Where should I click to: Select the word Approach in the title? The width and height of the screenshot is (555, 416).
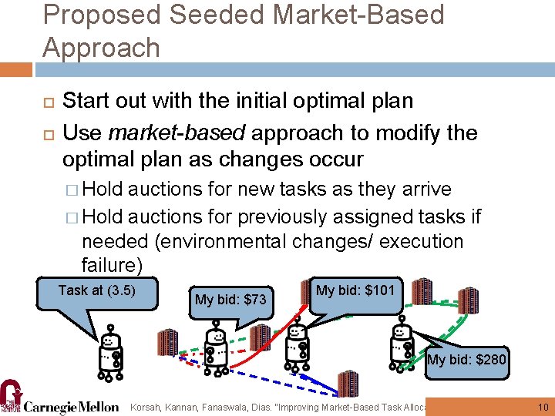[x=101, y=48]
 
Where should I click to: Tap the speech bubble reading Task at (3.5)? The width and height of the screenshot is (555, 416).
[x=97, y=291]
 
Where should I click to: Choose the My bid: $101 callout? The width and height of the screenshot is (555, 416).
[x=355, y=291]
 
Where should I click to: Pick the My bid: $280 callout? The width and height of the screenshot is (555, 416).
[x=468, y=360]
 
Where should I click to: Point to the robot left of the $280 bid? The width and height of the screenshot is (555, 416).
[x=402, y=347]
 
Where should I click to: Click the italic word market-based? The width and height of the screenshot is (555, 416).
[x=177, y=133]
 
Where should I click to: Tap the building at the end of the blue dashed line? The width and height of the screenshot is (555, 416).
[x=348, y=383]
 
